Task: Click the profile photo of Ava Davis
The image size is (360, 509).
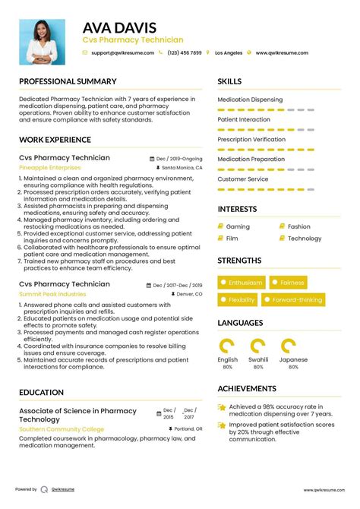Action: pyautogui.click(x=42, y=40)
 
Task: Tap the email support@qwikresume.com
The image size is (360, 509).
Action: pyautogui.click(x=122, y=53)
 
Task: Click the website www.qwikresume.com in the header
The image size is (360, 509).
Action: pyautogui.click(x=281, y=53)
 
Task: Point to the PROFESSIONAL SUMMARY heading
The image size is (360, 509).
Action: pyautogui.click(x=68, y=81)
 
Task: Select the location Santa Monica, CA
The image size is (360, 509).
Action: pyautogui.click(x=182, y=167)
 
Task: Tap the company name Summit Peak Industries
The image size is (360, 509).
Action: pyautogui.click(x=52, y=293)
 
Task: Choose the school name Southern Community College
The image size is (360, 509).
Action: pyautogui.click(x=62, y=429)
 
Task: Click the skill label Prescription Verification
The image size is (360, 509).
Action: pyautogui.click(x=251, y=140)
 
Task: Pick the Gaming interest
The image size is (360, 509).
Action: pyautogui.click(x=238, y=226)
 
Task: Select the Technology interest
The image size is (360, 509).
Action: pyautogui.click(x=305, y=239)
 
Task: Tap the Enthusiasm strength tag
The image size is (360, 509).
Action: pyautogui.click(x=242, y=283)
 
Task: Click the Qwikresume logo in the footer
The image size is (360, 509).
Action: pyautogui.click(x=46, y=490)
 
